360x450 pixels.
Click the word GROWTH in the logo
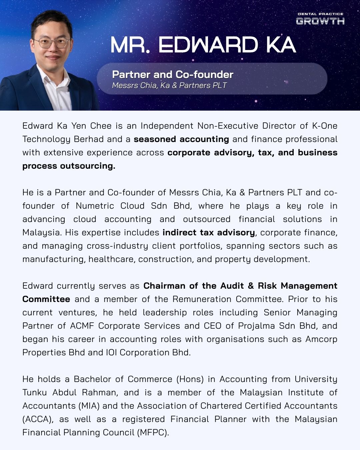[320, 21]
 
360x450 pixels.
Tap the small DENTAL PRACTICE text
[320, 14]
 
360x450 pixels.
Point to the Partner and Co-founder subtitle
[173, 74]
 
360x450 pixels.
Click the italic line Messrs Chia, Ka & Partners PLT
[169, 85]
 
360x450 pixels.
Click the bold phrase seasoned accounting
[181, 139]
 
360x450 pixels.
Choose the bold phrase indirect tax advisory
[209, 232]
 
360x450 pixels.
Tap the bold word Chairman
[164, 286]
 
